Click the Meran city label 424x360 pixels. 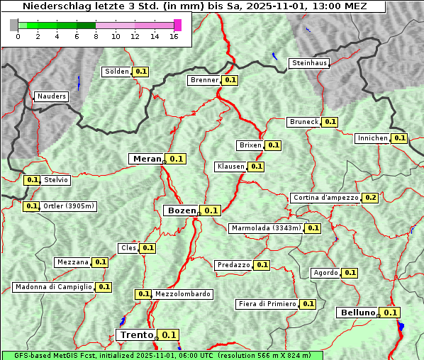pos(147,159)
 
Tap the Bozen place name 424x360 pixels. pos(182,210)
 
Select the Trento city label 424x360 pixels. pos(136,334)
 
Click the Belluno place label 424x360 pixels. pos(356,313)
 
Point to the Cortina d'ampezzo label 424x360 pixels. pos(325,198)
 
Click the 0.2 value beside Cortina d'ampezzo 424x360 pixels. pos(370,198)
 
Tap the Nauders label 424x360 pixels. pos(51,96)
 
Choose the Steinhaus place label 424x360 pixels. pos(310,63)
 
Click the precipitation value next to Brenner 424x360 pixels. pos(230,80)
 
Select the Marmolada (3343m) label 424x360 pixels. pos(266,228)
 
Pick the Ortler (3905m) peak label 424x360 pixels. pos(68,206)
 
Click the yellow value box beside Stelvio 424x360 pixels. pos(32,180)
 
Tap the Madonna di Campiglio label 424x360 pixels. pos(53,287)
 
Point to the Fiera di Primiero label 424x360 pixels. pos(267,304)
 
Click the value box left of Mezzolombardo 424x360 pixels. pos(143,294)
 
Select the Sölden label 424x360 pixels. pos(117,72)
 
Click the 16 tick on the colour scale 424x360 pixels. pos(174,37)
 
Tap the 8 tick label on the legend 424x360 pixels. pos(96,37)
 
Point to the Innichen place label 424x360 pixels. pos(373,138)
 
